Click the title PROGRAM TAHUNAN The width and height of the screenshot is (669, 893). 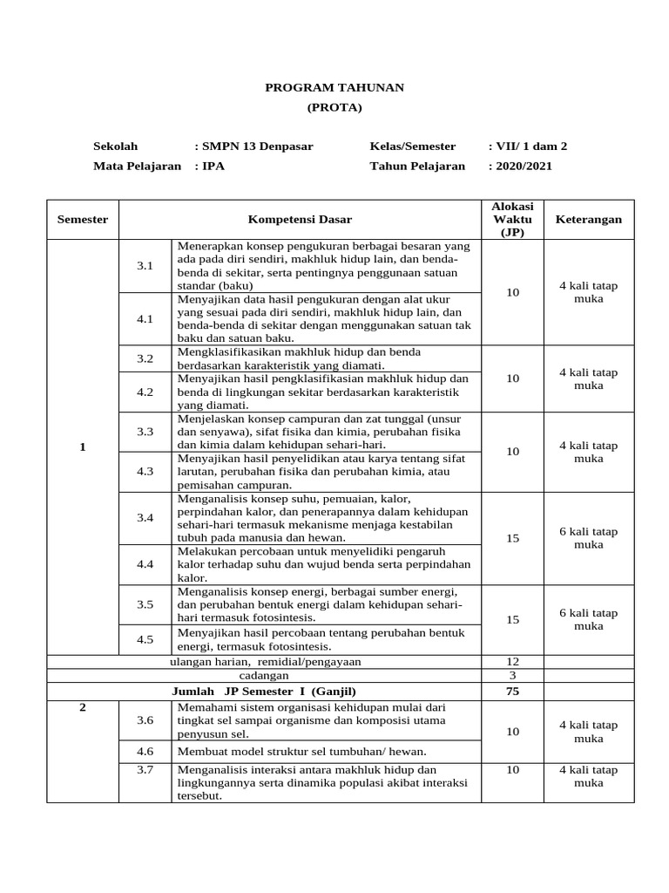334,88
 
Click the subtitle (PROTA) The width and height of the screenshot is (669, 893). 334,107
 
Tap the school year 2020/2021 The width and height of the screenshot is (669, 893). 523,166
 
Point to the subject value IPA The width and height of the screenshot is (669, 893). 212,166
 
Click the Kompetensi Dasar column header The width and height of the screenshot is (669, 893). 300,220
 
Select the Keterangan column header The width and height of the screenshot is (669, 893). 589,220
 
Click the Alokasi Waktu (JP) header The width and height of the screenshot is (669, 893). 512,220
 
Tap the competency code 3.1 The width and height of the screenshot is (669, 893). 145,265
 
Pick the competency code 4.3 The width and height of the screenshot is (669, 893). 145,471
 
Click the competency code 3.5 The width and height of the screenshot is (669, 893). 145,603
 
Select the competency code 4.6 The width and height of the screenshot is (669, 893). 145,751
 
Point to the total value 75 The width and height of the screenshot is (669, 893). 512,691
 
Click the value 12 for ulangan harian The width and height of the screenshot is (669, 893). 512,661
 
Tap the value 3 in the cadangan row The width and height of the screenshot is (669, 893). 512,676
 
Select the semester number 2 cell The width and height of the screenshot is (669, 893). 83,707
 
